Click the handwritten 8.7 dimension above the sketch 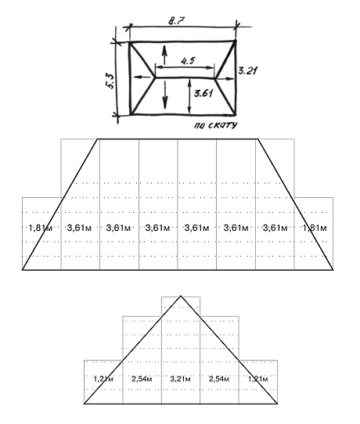pos(177,21)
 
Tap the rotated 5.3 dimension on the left pos(110,81)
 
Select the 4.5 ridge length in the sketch pos(188,60)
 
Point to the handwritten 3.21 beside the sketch pos(247,70)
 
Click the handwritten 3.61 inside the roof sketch pos(203,93)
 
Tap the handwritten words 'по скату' pos(215,125)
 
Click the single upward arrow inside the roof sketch pos(164,55)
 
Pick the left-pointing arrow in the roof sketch pos(142,77)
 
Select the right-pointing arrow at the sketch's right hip pos(225,79)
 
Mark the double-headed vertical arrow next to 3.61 pos(189,95)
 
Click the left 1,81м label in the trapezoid pos(40,228)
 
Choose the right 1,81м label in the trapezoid pos(315,228)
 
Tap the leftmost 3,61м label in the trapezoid pos(79,228)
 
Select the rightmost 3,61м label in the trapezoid pos(275,228)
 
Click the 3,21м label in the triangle pos(181,379)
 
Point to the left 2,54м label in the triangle pos(142,379)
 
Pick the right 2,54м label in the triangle pos(219,379)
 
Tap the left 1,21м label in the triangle pos(103,379)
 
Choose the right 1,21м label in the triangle pos(258,379)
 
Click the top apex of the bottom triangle pos(181,296)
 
